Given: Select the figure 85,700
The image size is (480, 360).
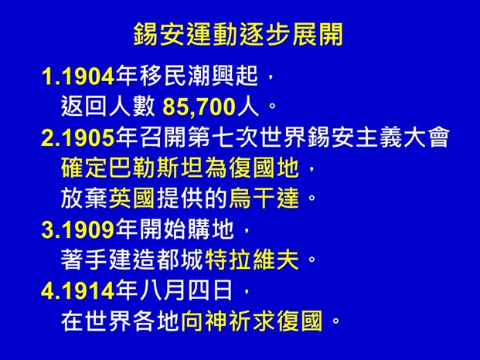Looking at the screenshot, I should pyautogui.click(x=199, y=105).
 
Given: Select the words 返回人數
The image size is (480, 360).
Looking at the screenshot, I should pyautogui.click(x=109, y=105).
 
